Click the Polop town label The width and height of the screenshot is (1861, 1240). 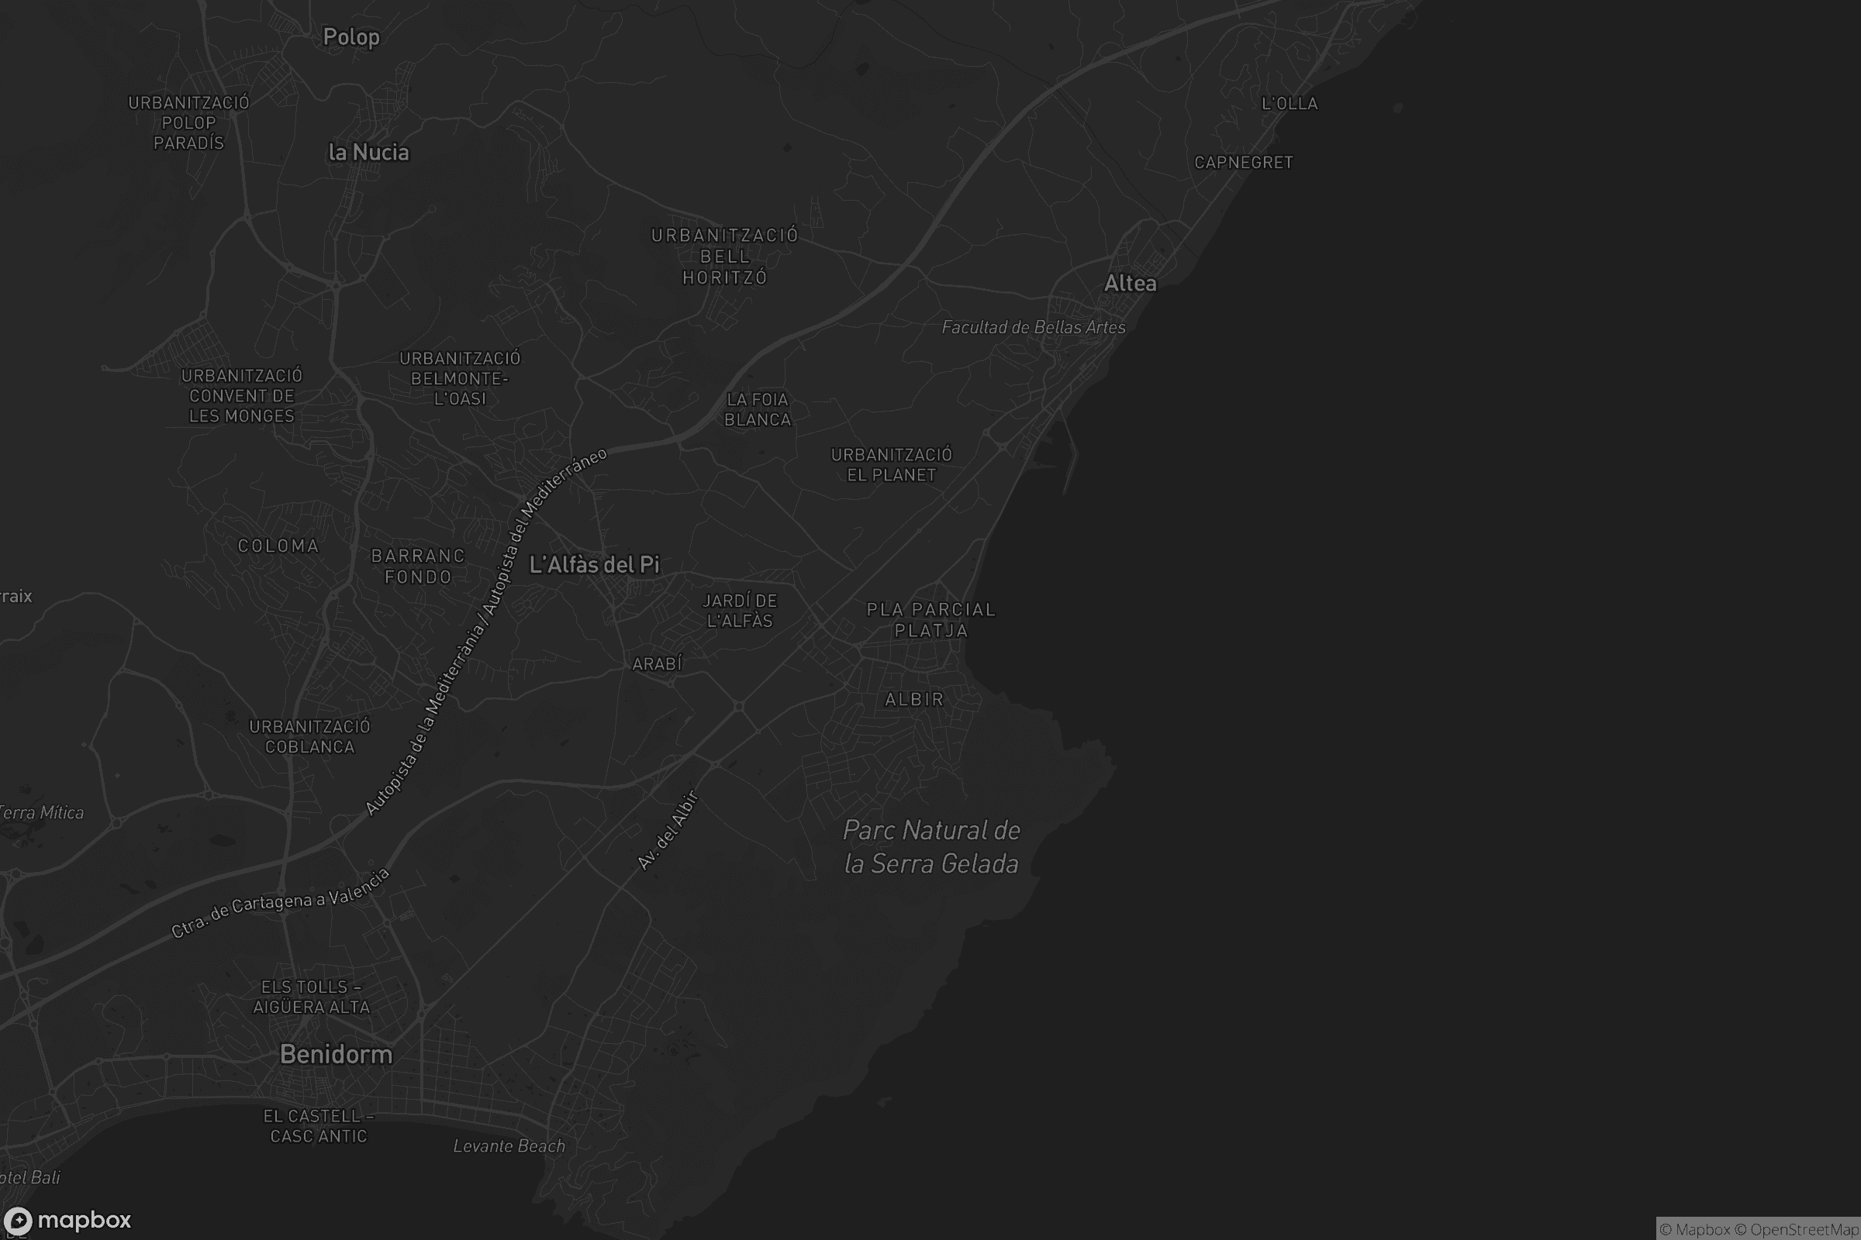(351, 37)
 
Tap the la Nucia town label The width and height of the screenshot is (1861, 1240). (369, 152)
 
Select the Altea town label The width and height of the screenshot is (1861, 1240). (1130, 283)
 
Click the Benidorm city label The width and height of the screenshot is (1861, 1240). (337, 1054)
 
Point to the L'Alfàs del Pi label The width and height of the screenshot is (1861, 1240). (594, 564)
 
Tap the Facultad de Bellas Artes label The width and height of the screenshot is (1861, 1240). (1034, 327)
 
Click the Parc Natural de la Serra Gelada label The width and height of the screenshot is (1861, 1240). (931, 847)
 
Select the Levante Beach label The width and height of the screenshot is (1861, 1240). (509, 1146)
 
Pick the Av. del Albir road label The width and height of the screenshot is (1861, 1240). (668, 830)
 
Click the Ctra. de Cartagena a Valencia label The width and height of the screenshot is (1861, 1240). (281, 903)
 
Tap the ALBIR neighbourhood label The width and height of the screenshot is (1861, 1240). (914, 699)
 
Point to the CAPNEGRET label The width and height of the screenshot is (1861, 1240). (1243, 162)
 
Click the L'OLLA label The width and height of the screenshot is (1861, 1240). (1289, 104)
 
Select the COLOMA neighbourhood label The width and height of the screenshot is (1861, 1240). (278, 546)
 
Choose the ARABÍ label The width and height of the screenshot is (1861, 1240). (657, 664)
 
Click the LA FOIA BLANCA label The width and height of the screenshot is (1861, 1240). (758, 410)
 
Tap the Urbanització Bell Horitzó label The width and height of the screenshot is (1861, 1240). (725, 257)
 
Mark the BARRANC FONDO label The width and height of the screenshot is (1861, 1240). (418, 567)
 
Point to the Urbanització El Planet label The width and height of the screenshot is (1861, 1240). (891, 465)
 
